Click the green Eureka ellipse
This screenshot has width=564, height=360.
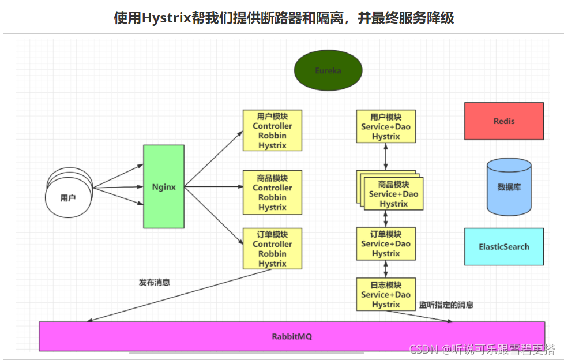pos(328,70)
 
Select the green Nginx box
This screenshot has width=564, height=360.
pos(164,186)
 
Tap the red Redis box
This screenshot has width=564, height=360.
pos(503,121)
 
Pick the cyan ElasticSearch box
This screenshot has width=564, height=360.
pos(503,246)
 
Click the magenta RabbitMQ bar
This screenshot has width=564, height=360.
pos(291,336)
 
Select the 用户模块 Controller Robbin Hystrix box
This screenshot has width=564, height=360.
pos(272,131)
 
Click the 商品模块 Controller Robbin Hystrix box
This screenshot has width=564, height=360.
pos(272,192)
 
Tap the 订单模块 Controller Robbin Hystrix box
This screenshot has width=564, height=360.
pos(272,249)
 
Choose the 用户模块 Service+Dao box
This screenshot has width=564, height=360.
pos(386,126)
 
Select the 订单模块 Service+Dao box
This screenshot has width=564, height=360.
pos(386,243)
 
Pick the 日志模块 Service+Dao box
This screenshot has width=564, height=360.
pos(386,294)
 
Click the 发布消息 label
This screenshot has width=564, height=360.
pos(155,283)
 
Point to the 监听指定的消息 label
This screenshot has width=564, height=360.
pos(446,305)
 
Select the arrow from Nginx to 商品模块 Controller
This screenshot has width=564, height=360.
pos(213,186)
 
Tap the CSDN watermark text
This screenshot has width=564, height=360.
pos(482,349)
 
